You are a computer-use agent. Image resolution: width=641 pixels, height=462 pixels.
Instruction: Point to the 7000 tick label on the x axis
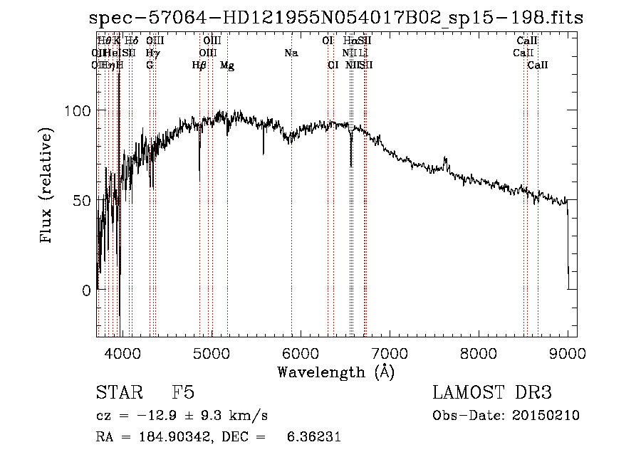point(390,353)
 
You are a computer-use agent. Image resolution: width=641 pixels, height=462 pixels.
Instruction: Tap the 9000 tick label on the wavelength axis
point(568,353)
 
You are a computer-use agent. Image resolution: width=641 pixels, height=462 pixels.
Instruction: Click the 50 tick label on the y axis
point(81,201)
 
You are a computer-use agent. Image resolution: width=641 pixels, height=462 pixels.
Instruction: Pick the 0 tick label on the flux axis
point(85,290)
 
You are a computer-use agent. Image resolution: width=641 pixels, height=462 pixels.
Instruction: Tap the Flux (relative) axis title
point(47,187)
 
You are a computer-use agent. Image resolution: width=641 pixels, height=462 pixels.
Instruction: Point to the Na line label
point(291,53)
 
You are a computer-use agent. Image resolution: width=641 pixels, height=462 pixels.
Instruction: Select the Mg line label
point(227,65)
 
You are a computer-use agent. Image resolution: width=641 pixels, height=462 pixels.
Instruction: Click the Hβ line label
point(199,65)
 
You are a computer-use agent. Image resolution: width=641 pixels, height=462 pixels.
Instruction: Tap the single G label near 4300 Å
point(150,65)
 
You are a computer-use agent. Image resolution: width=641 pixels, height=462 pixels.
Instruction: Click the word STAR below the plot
point(118,394)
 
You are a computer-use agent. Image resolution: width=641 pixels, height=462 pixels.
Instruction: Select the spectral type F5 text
point(183,394)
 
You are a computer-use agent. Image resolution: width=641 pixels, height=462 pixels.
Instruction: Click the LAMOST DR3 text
point(492,394)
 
